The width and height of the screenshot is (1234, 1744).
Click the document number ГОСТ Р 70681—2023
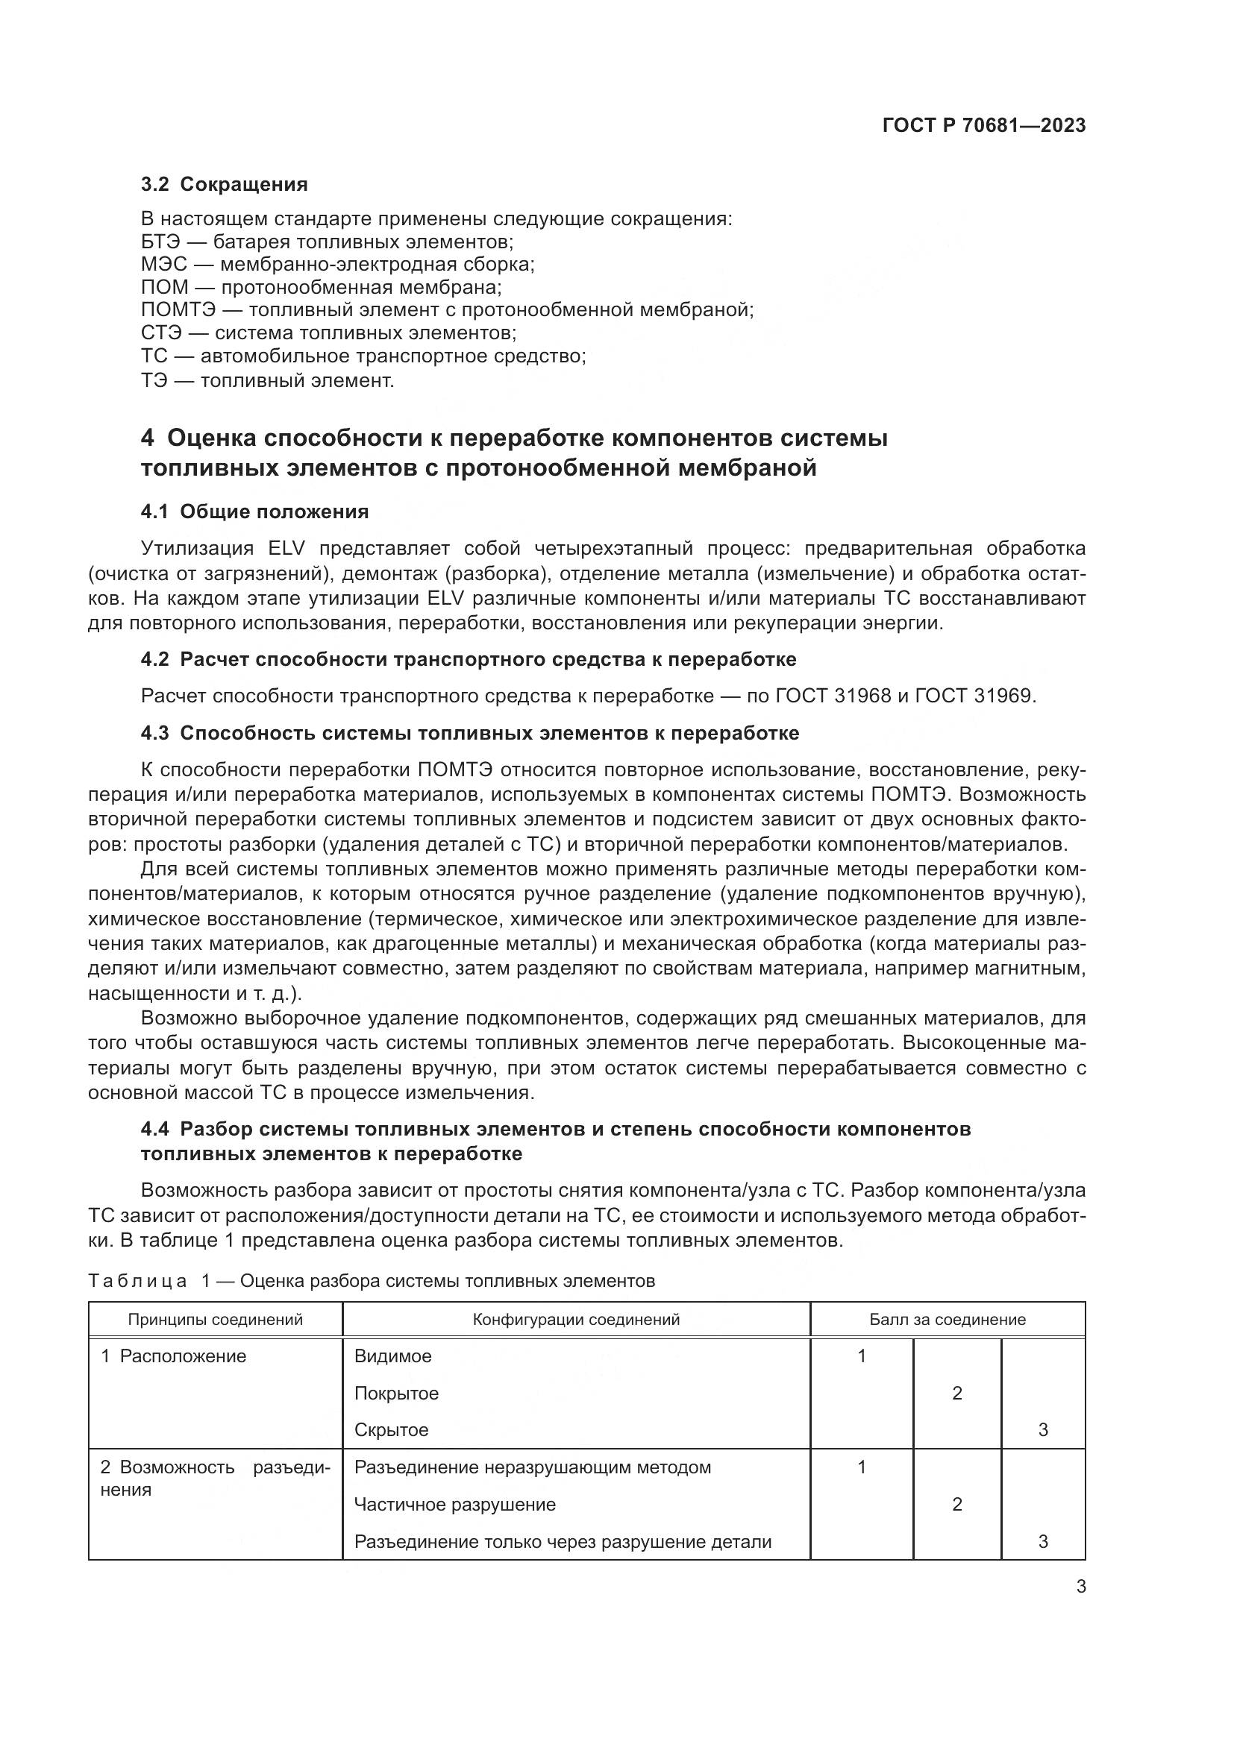tap(984, 126)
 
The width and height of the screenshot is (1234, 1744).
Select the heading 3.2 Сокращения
tap(224, 184)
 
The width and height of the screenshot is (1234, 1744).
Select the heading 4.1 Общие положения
tap(254, 512)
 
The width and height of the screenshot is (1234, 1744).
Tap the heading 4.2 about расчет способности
tap(468, 659)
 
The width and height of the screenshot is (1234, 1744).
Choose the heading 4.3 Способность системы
tap(469, 733)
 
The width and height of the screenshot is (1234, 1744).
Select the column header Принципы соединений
tap(215, 1320)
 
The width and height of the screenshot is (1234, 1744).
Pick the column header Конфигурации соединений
tap(576, 1320)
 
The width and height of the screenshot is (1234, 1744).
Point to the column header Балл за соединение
tap(947, 1320)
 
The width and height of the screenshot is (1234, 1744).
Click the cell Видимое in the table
tap(393, 1356)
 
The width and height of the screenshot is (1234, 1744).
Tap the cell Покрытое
tap(397, 1394)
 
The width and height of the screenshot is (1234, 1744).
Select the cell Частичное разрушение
tap(455, 1505)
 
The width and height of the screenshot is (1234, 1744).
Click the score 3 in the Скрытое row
tap(1042, 1430)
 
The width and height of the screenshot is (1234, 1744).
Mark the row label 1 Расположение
tap(174, 1356)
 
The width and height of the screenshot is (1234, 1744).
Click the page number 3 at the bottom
tap(1080, 1587)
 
